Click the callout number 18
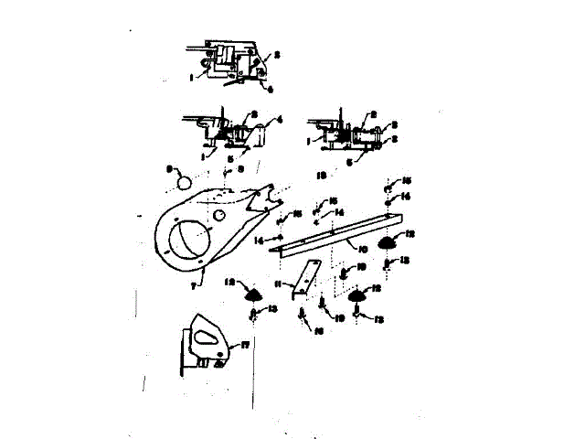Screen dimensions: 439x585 pos(320,171)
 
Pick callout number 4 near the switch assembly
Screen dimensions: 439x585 pos(281,119)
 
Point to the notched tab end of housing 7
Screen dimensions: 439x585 pos(269,197)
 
